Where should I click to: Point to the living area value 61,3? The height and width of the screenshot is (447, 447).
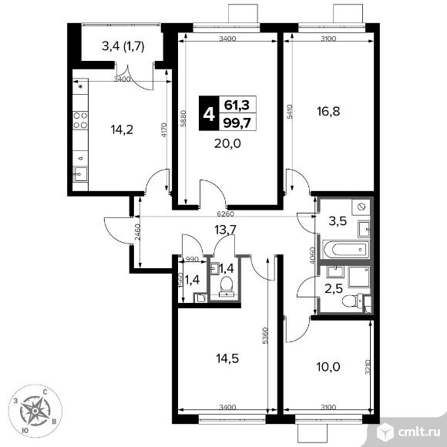pyautogui.click(x=237, y=106)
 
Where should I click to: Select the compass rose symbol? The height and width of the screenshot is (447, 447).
pyautogui.click(x=36, y=410)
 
